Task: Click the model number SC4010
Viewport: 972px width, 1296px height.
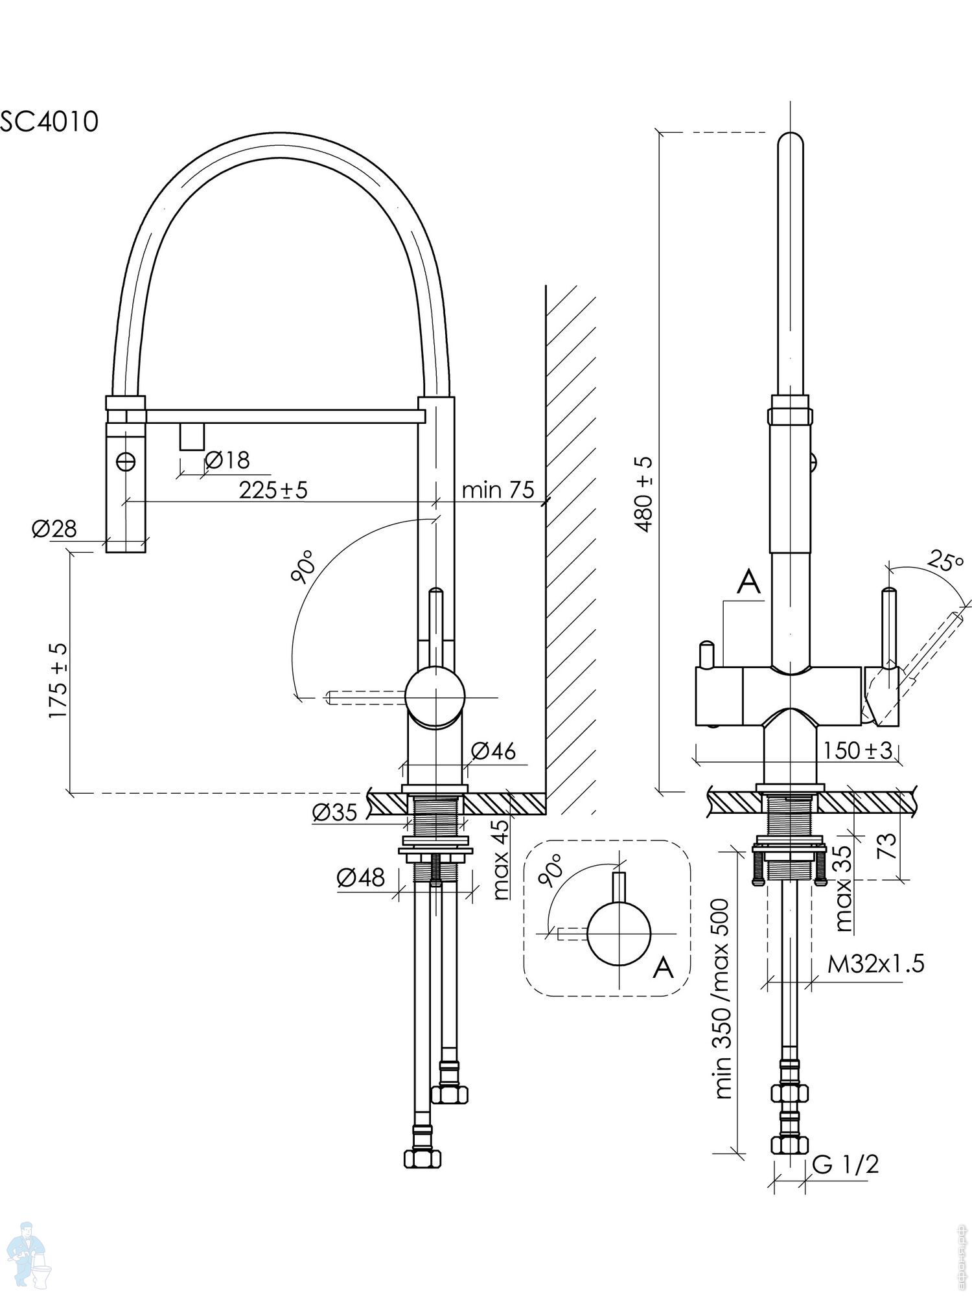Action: pyautogui.click(x=49, y=121)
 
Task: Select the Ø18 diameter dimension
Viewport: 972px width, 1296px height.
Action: pyautogui.click(x=227, y=460)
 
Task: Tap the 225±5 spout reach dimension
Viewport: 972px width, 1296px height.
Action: pyautogui.click(x=273, y=490)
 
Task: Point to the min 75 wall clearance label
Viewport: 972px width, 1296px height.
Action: pyautogui.click(x=498, y=490)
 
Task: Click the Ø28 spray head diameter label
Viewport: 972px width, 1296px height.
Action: pyautogui.click(x=54, y=529)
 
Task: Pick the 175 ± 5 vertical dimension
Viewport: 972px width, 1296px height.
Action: pyautogui.click(x=58, y=680)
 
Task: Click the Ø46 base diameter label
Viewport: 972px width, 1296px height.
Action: pyautogui.click(x=494, y=750)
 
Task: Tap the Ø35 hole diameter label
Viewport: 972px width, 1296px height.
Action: pyautogui.click(x=334, y=812)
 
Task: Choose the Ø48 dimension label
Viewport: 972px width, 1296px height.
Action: pyautogui.click(x=360, y=877)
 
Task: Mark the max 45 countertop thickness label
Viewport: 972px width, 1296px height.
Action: pyautogui.click(x=501, y=859)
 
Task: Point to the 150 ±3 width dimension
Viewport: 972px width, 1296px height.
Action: pyautogui.click(x=858, y=750)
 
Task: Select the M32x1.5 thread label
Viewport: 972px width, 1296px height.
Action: pyautogui.click(x=876, y=964)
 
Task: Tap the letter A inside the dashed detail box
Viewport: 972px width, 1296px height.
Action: pyautogui.click(x=663, y=967)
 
